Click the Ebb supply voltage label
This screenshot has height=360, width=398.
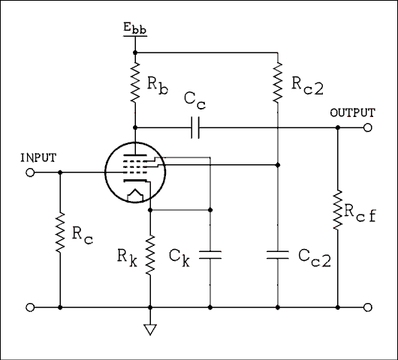pos(135,31)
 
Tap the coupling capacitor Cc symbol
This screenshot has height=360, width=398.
pos(194,127)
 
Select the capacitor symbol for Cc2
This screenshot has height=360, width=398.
pos(278,255)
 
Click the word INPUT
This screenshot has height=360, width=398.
pos(37,157)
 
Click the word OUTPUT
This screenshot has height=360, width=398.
pos(351,112)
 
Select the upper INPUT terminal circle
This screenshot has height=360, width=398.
pos(30,172)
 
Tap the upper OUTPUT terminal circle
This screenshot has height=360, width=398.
pos(367,127)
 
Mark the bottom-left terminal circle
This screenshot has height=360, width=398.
pos(30,307)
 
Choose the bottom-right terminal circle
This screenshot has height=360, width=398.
pos(367,307)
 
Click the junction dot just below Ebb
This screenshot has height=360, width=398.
pos(135,52)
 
